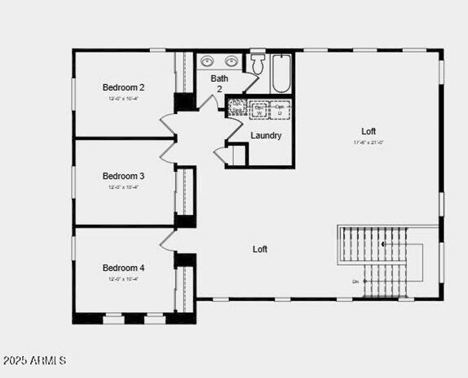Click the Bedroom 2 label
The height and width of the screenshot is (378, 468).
(123, 88)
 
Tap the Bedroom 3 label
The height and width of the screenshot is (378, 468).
(123, 176)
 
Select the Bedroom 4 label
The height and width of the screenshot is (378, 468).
(123, 268)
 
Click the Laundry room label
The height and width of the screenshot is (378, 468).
(266, 135)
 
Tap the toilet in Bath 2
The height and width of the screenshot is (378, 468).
(257, 64)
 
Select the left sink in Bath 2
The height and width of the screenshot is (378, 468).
(208, 62)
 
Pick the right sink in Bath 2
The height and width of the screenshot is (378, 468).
(231, 62)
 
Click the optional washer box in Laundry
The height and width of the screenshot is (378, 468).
(260, 110)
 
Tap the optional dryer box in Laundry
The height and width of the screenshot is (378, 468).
(280, 110)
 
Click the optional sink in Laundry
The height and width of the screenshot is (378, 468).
(237, 108)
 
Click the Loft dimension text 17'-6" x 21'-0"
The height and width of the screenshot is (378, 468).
(368, 142)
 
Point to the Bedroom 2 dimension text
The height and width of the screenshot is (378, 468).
(123, 99)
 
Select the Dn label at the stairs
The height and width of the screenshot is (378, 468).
(356, 281)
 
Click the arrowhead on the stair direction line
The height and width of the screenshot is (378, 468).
(383, 243)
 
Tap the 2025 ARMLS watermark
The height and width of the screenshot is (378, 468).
(35, 360)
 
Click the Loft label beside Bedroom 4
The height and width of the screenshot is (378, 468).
(260, 249)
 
